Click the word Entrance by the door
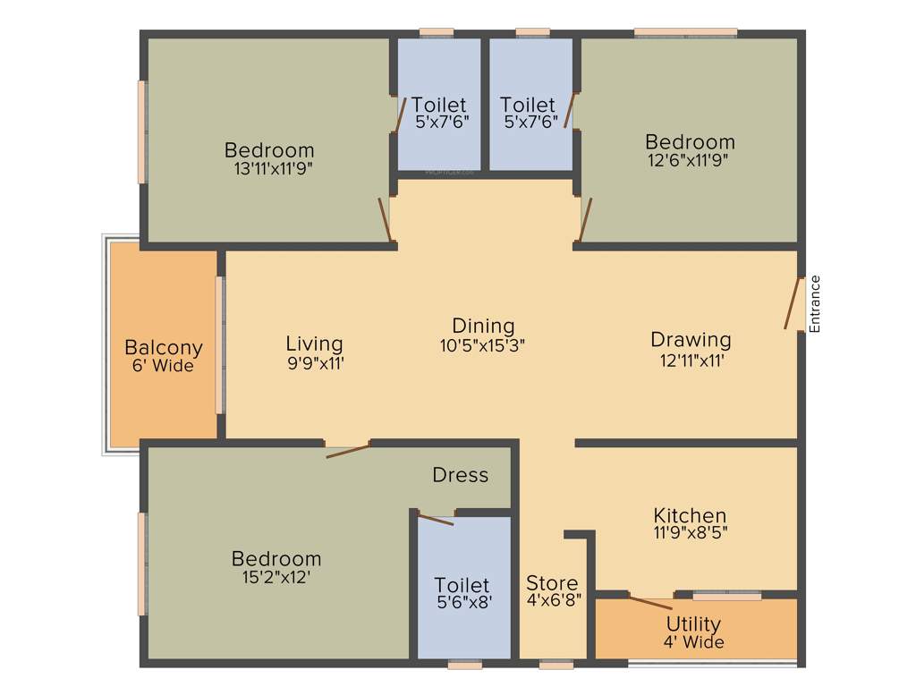[x=814, y=304]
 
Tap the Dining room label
[x=483, y=326]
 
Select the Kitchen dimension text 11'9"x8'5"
[x=690, y=534]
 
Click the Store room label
[x=552, y=583]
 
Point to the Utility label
[x=693, y=623]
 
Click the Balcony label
[x=163, y=347]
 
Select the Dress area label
[x=461, y=474]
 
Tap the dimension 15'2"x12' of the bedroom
[x=276, y=577]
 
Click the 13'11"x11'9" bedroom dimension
[x=269, y=167]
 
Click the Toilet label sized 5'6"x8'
[x=462, y=586]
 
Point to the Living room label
[x=314, y=343]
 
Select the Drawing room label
[x=690, y=340]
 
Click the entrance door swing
[x=792, y=304]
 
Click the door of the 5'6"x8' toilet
[x=437, y=520]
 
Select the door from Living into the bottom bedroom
[x=348, y=449]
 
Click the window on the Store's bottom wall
[x=556, y=665]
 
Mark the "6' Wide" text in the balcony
[x=163, y=366]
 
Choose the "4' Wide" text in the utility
[x=693, y=642]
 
